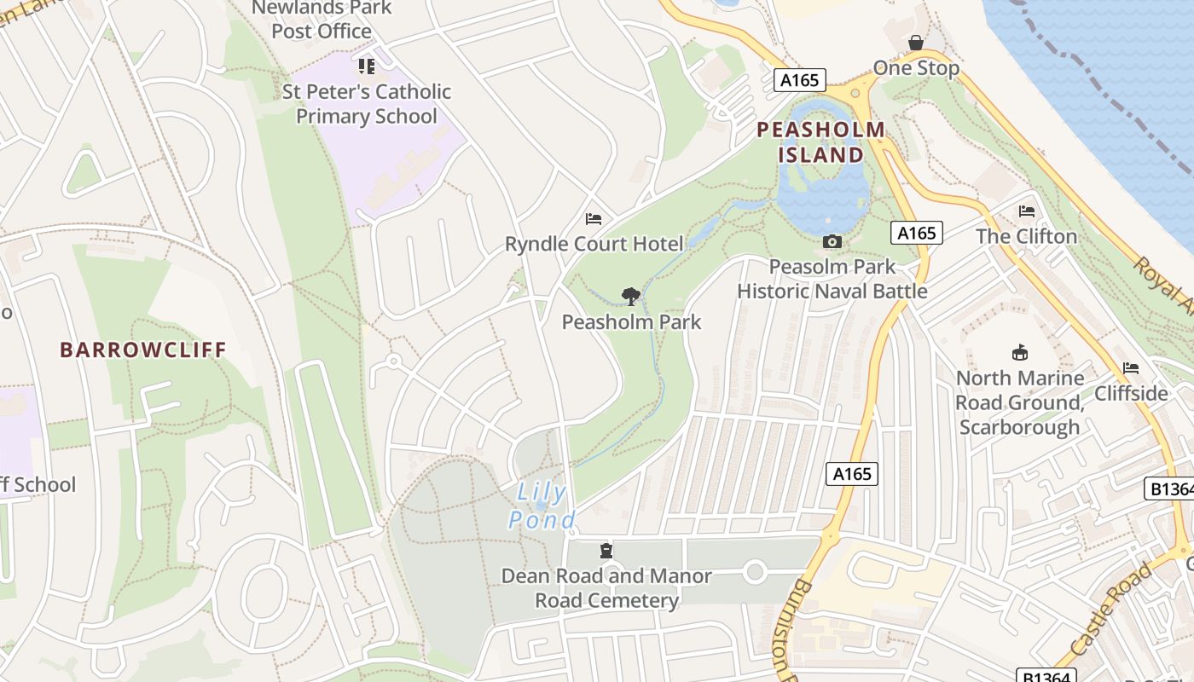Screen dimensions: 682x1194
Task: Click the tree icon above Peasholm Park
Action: [631, 297]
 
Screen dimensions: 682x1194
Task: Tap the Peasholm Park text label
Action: [631, 321]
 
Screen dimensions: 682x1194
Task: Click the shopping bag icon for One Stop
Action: [916, 43]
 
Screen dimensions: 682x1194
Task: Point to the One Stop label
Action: [916, 68]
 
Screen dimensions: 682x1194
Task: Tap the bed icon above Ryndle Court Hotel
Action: [594, 219]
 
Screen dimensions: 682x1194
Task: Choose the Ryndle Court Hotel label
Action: [594, 244]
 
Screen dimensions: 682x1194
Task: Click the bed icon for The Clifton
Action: [1026, 211]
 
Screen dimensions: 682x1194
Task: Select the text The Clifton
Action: [1026, 236]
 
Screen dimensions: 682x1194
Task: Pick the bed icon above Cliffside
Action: [1131, 368]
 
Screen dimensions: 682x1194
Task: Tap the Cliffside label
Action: [1131, 393]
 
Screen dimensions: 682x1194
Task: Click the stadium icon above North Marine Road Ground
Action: [1019, 352]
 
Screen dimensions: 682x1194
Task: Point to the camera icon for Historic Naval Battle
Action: [832, 242]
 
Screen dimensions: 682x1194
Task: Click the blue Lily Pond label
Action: [542, 506]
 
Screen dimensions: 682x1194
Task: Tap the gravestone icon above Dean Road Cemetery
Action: [606, 551]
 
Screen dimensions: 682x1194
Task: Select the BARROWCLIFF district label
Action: [143, 350]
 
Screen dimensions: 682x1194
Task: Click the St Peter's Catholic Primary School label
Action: [367, 103]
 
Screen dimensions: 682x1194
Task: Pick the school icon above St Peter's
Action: [367, 66]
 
